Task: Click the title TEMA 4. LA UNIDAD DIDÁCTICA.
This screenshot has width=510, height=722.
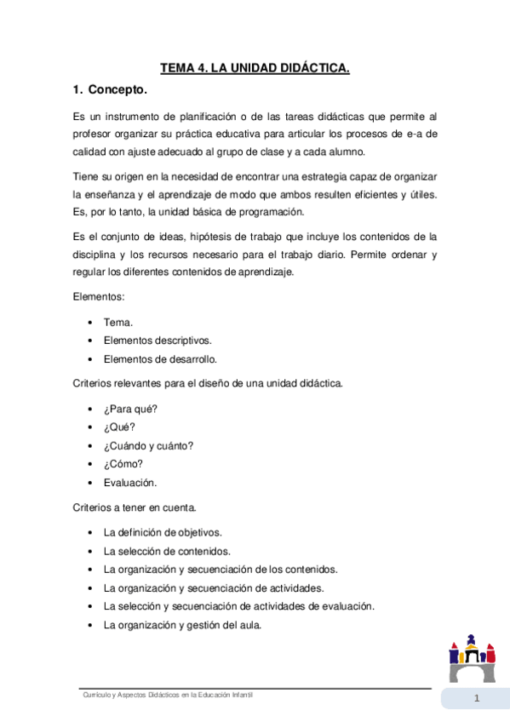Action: tap(255, 67)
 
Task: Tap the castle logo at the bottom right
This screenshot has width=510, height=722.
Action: tap(471, 657)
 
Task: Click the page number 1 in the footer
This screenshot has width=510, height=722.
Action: tap(478, 700)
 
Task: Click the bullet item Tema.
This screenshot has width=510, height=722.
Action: tap(117, 323)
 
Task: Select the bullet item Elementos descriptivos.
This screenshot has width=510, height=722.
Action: tap(158, 341)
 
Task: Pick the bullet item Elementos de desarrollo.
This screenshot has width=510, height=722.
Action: tap(160, 358)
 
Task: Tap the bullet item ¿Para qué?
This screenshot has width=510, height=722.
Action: tap(130, 409)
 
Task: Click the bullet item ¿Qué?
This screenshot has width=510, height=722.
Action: tap(119, 427)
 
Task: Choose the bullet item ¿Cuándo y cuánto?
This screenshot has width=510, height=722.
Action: tap(148, 445)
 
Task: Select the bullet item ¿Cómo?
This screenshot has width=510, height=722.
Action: tap(123, 464)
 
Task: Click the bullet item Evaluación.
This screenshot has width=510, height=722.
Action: tap(130, 482)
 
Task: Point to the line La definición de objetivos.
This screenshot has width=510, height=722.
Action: tap(163, 532)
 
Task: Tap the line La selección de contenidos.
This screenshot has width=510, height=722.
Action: tap(167, 551)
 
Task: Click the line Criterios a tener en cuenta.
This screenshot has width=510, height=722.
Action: tap(135, 507)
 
